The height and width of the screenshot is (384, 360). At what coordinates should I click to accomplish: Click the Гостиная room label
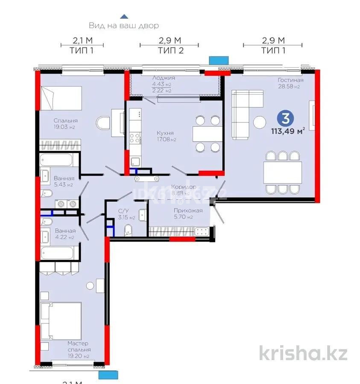pyautogui.click(x=290, y=80)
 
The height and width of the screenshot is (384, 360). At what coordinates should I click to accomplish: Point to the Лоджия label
pyautogui.click(x=163, y=78)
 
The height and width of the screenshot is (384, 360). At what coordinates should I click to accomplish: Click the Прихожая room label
pyautogui.click(x=188, y=210)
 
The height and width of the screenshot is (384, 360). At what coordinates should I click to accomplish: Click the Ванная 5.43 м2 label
pyautogui.click(x=64, y=181)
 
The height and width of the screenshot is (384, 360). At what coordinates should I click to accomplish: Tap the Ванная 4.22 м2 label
pyautogui.click(x=65, y=234)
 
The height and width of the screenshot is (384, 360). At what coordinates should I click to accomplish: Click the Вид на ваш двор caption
pyautogui.click(x=124, y=26)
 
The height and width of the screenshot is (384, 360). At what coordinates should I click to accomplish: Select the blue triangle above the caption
pyautogui.click(x=123, y=16)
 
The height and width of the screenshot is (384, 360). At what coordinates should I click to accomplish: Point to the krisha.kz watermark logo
pyautogui.click(x=303, y=353)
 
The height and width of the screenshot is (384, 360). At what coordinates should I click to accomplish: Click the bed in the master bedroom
pyautogui.click(x=61, y=320)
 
